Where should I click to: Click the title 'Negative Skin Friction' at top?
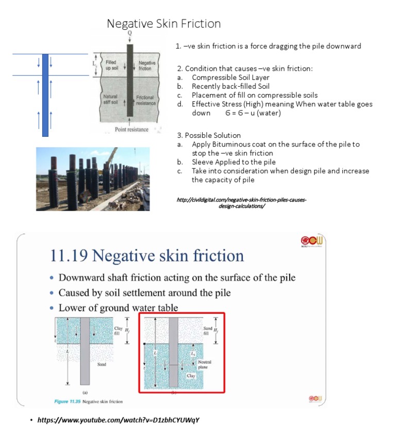tap(163, 24)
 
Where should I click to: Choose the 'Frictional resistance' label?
tap(145, 100)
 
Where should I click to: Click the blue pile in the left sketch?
tap(45, 95)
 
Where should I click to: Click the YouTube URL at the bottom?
tap(118, 420)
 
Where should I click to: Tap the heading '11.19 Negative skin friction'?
tap(147, 256)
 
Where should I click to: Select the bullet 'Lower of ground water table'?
tap(118, 308)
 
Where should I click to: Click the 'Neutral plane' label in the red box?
tap(204, 364)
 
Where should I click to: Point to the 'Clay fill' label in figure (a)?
tap(118, 330)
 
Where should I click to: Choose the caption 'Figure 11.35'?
tap(70, 401)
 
